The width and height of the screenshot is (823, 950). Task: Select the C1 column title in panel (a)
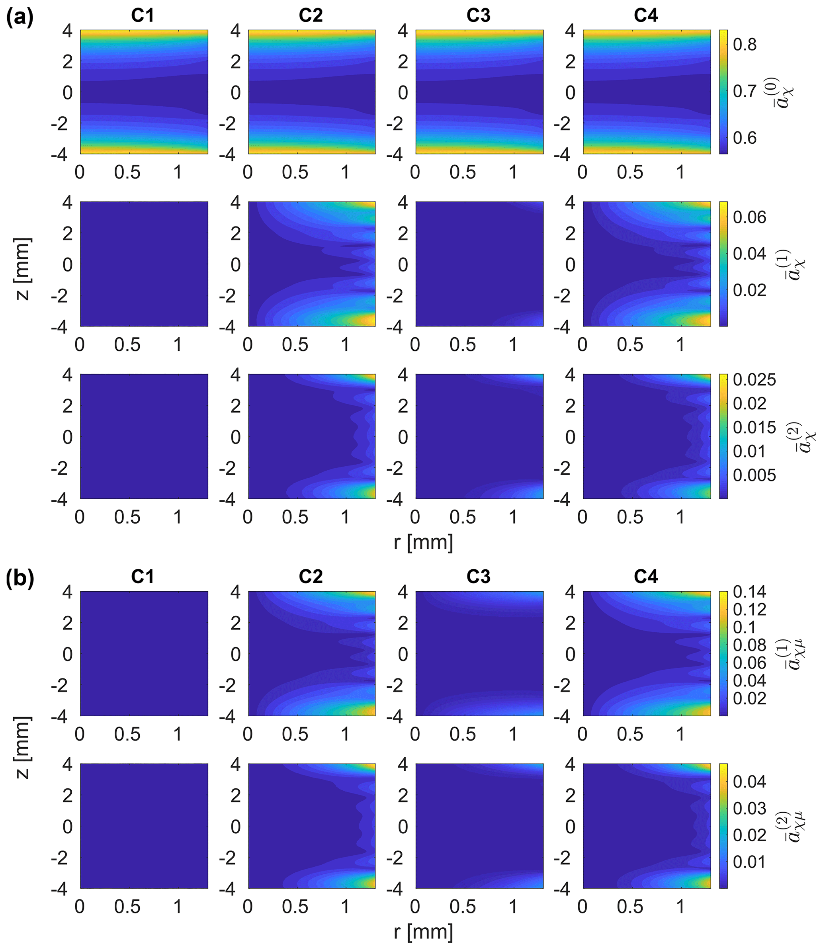click(143, 16)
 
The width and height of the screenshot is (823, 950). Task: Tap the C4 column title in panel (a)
click(646, 16)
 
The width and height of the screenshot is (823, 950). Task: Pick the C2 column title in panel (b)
click(311, 577)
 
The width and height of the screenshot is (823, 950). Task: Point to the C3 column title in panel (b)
click(479, 577)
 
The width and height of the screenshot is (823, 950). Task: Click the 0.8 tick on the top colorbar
click(745, 45)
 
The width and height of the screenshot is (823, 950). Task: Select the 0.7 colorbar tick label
click(745, 91)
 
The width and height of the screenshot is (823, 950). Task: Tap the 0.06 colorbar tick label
click(749, 217)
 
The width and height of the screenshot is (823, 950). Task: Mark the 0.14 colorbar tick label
click(749, 592)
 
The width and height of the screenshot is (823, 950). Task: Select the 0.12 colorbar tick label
click(749, 610)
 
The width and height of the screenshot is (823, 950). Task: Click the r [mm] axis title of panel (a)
click(423, 542)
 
